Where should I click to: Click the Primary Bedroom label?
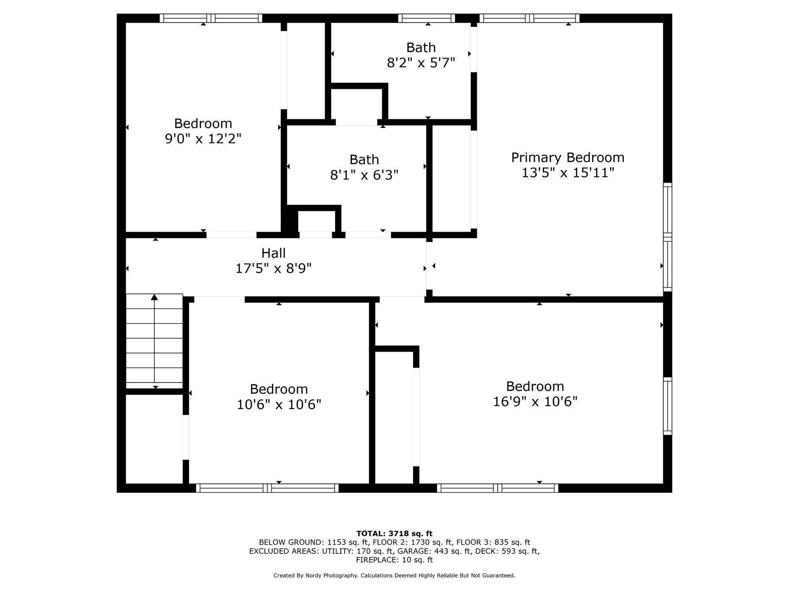tap(567, 157)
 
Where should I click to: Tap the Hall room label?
tap(274, 253)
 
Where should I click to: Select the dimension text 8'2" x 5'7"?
tap(421, 63)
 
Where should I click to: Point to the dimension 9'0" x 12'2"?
tap(203, 139)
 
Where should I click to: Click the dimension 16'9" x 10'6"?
tap(535, 402)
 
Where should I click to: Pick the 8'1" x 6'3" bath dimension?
tap(364, 175)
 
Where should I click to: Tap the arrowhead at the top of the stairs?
tap(154, 297)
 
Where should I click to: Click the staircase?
tap(154, 341)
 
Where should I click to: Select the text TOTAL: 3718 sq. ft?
tap(394, 533)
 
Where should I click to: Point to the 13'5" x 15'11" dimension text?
tap(568, 173)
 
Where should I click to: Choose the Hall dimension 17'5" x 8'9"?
tap(274, 268)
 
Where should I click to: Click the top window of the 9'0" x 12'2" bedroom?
tap(211, 18)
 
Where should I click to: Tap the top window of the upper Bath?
tap(427, 18)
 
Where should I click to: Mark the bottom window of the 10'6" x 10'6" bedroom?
tap(267, 488)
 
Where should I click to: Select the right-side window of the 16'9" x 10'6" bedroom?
tap(668, 406)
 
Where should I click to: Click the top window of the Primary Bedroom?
tap(529, 18)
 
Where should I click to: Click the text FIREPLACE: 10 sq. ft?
tap(394, 560)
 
